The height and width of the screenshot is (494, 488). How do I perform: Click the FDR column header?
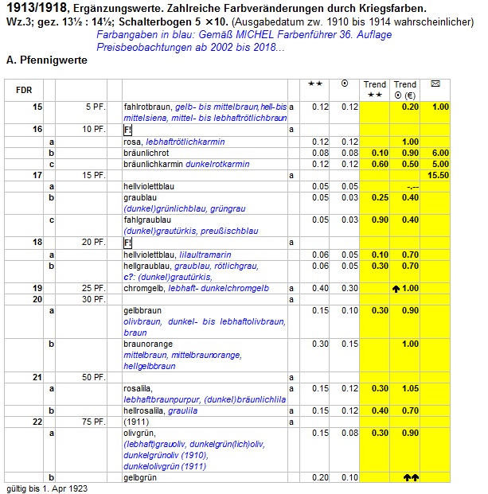point(24,90)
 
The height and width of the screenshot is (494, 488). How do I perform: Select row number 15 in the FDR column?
point(37,107)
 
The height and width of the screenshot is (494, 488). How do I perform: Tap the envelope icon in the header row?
point(436,84)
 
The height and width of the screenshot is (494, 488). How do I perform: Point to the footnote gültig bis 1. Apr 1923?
point(47,488)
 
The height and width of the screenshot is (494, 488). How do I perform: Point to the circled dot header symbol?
point(344,84)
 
